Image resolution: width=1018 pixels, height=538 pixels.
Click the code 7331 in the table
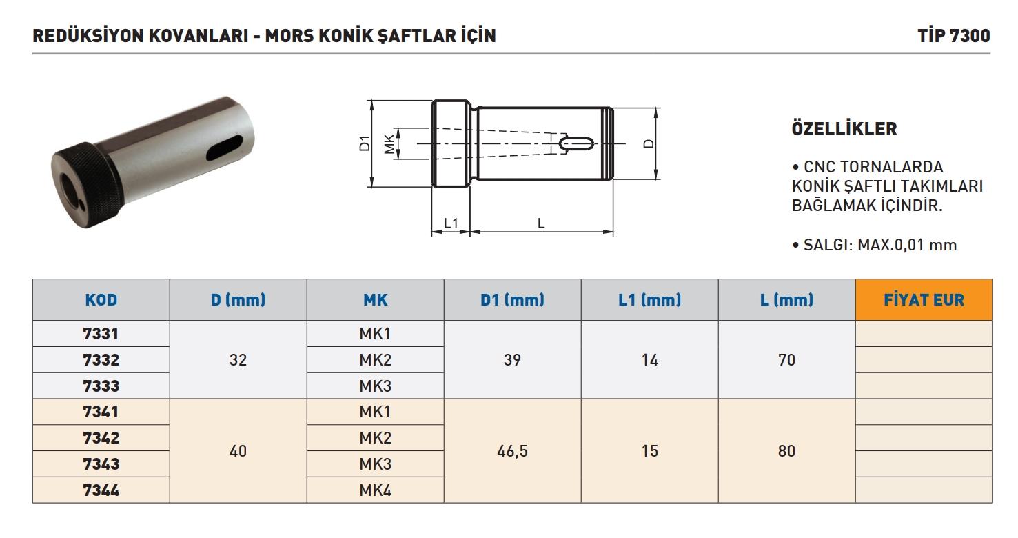pos(101,334)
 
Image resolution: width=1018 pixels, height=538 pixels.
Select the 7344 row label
pos(101,490)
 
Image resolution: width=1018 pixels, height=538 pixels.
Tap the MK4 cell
pos(376,490)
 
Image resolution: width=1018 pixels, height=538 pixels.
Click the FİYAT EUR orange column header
pos(924,300)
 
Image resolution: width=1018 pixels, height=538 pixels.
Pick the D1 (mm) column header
pos(513,300)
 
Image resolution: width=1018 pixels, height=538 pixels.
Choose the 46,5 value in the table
pos(513,451)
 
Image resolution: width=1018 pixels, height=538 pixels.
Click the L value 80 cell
pos(786,451)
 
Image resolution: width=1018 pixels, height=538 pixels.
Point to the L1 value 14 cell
pos(650,360)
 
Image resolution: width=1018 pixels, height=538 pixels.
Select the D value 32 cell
pos(238,360)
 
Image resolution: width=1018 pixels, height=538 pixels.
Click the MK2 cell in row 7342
pos(376,438)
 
